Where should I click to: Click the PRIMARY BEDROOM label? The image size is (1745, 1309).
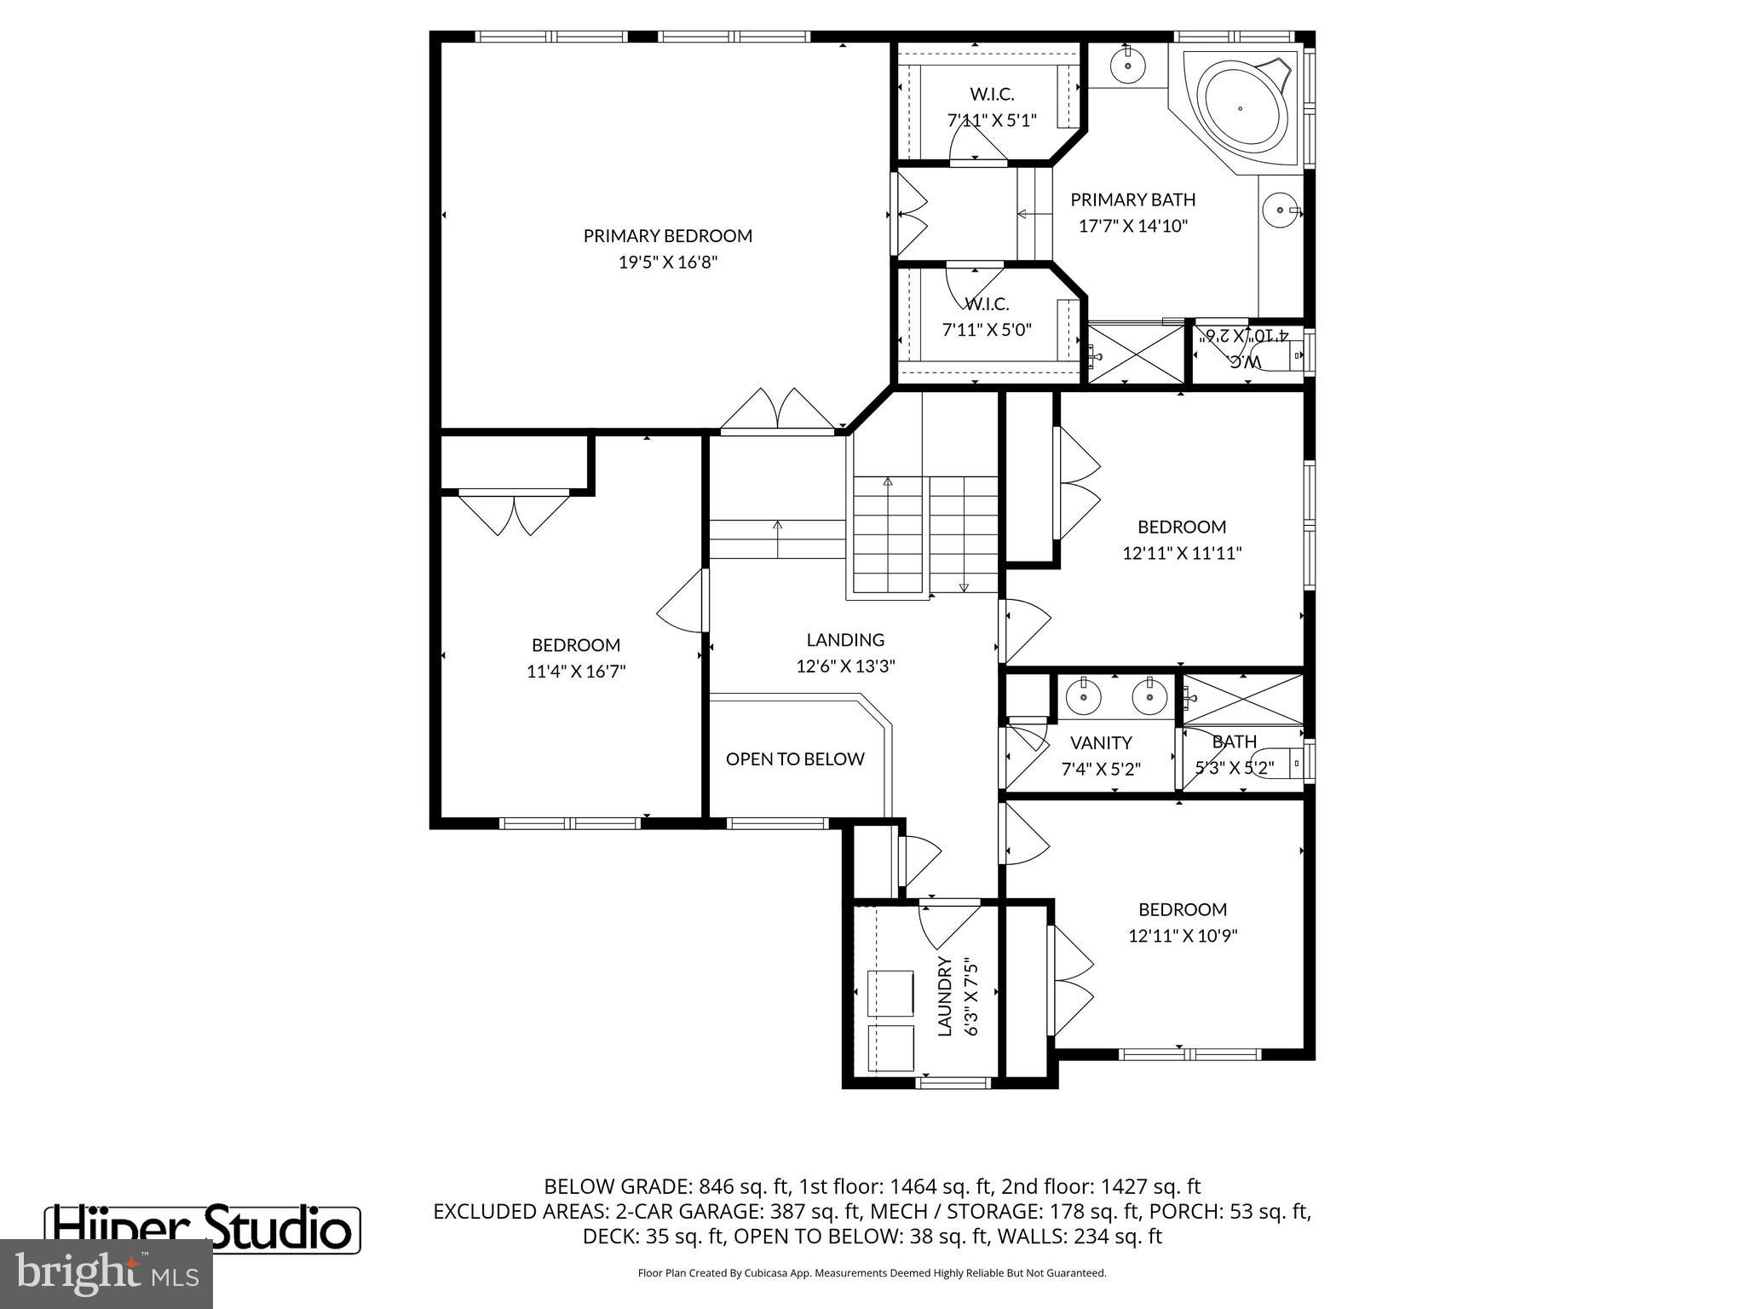pos(667,236)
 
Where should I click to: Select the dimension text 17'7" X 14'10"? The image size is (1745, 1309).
pos(1132,226)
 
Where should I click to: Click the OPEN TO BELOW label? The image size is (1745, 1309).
pos(794,758)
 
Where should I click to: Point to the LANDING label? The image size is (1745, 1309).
pos(845,639)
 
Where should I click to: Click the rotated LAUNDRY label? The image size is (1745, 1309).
pos(944,995)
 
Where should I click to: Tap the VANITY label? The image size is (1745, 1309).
pos(1101,742)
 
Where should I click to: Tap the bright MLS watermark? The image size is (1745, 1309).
pos(106,1273)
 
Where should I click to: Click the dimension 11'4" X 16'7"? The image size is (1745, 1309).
pos(576,672)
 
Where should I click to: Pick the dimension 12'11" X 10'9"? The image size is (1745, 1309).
pos(1182,936)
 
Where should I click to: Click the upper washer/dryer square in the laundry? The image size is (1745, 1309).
pos(890,993)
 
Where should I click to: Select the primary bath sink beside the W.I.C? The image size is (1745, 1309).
pos(1127,64)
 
